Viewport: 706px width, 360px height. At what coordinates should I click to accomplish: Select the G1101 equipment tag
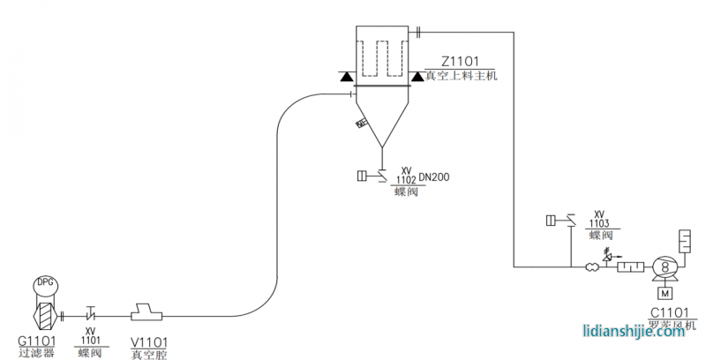pyautogui.click(x=37, y=341)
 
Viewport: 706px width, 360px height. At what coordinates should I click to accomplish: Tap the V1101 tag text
pyautogui.click(x=149, y=341)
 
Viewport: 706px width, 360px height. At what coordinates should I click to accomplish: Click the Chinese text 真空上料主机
pyautogui.click(x=462, y=76)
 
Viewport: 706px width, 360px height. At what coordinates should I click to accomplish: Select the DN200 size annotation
pyautogui.click(x=434, y=177)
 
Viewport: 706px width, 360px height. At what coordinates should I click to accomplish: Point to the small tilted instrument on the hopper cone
pyautogui.click(x=361, y=124)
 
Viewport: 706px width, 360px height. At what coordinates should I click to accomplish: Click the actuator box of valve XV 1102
pyautogui.click(x=362, y=176)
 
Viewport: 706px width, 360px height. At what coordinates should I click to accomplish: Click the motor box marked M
pyautogui.click(x=663, y=292)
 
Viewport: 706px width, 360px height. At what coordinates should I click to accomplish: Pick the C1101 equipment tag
pyautogui.click(x=669, y=312)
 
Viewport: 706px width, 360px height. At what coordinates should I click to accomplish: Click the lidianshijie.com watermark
pyautogui.click(x=640, y=334)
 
